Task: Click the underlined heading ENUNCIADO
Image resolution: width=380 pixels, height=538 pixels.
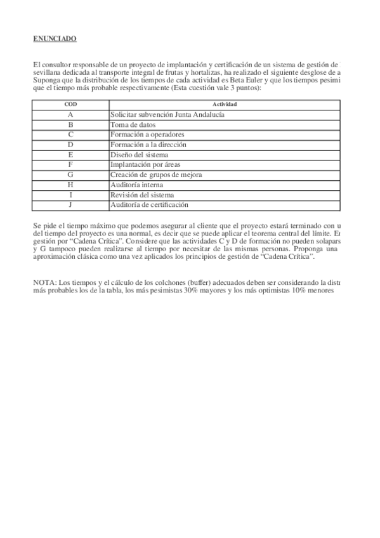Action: [x=55, y=39]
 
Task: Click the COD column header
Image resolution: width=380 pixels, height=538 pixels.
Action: [x=71, y=103]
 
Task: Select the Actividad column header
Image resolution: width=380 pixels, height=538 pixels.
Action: [x=225, y=103]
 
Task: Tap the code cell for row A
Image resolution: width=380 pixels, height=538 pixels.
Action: [x=71, y=115]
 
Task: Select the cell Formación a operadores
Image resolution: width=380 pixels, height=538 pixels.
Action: [x=147, y=134]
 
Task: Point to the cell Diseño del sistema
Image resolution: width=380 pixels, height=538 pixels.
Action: [x=139, y=155]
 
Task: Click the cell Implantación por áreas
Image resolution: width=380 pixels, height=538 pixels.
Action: [x=145, y=165]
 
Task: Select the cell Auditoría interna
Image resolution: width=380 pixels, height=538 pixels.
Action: [x=136, y=185]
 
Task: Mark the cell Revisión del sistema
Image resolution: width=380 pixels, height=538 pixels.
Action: [x=141, y=195]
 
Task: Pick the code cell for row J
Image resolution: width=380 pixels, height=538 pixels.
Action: [x=71, y=205]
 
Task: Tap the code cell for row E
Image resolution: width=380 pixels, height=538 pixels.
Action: [x=71, y=155]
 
